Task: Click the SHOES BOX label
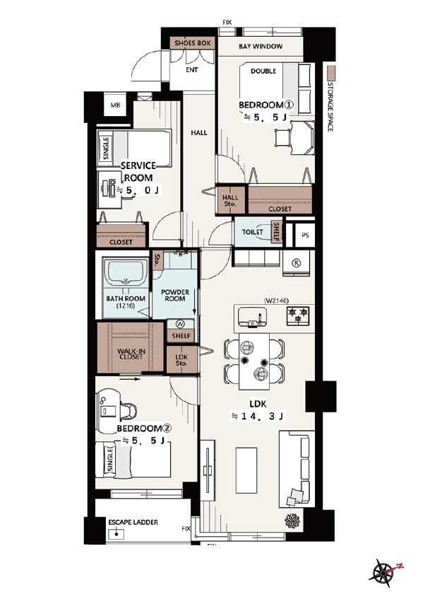(192, 42)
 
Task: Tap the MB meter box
(115, 105)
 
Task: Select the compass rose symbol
(385, 572)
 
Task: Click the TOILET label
(252, 232)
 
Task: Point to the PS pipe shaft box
(305, 235)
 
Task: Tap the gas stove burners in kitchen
(298, 315)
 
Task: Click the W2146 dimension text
(277, 300)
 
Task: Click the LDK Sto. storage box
(181, 359)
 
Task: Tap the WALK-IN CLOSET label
(131, 354)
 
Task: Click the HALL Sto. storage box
(230, 199)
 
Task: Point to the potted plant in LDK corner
(293, 521)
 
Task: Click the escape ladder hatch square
(116, 535)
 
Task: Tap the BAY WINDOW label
(261, 46)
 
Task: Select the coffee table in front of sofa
(246, 470)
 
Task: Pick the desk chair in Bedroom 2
(129, 412)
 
